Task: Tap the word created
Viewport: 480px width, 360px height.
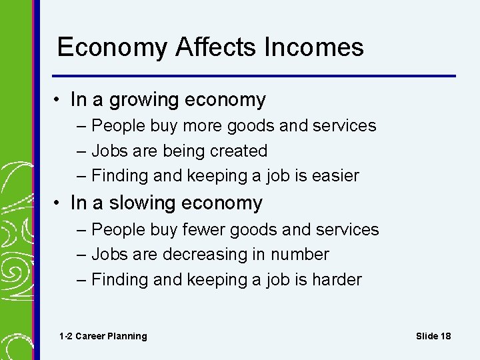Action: point(238,151)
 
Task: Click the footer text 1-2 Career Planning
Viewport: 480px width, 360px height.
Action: point(103,336)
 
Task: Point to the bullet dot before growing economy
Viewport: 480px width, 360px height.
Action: point(59,100)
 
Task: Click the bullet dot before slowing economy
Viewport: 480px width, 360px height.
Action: point(59,203)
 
